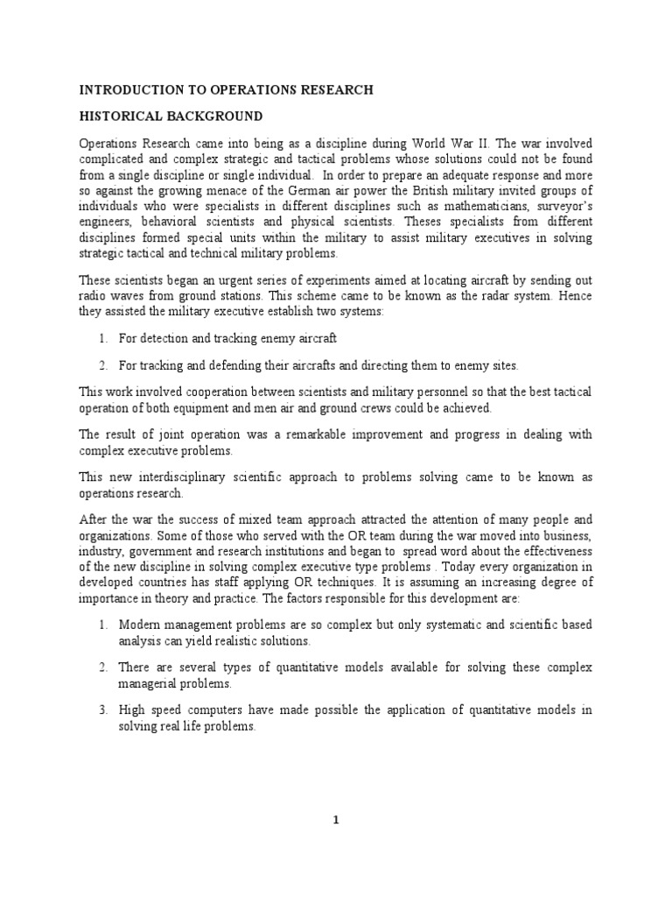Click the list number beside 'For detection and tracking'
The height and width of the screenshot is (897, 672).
pos(102,337)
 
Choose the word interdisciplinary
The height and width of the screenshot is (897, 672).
pos(182,477)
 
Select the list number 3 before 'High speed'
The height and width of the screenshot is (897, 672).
pos(102,710)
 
